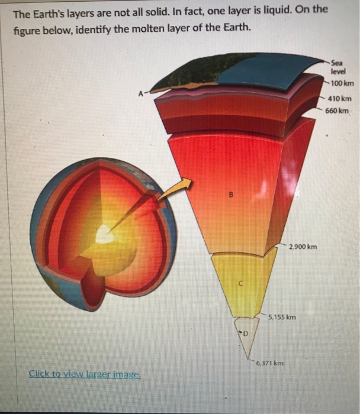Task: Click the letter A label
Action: click(140, 92)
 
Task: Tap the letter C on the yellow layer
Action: click(240, 283)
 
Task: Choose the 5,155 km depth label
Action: click(282, 318)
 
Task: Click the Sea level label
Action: click(338, 65)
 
